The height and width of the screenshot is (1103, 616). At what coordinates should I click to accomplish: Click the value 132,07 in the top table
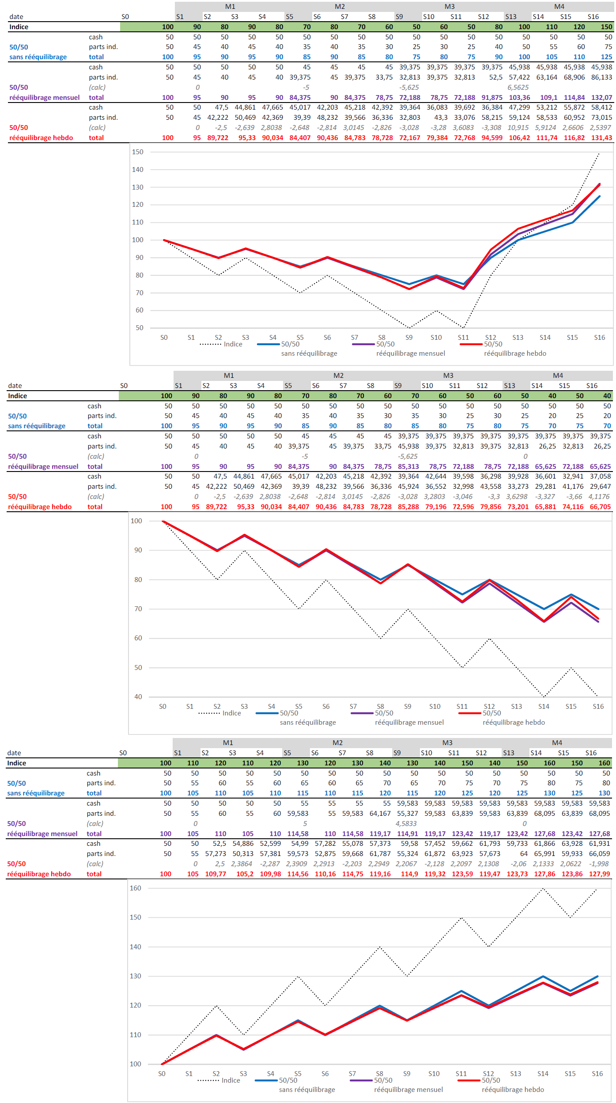pos(601,98)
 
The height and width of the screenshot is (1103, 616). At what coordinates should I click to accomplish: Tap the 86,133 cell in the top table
pos(601,77)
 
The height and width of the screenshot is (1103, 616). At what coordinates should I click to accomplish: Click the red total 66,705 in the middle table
pos(600,507)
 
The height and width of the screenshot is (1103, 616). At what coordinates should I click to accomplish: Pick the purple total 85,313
pos(408,467)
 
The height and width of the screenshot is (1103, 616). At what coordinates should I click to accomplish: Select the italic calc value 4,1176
pos(600,497)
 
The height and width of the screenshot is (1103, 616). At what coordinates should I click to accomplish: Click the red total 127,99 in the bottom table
pos(599,874)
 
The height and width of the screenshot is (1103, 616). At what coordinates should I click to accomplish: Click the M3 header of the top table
pos(450,7)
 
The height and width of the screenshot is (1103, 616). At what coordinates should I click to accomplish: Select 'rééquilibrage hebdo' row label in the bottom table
pos(39,874)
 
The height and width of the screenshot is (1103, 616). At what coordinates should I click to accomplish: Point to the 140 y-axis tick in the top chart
pos(138,170)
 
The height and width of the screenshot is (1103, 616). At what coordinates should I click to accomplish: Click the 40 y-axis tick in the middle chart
pos(138,697)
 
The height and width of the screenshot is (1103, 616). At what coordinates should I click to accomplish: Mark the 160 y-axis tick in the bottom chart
pos(136,888)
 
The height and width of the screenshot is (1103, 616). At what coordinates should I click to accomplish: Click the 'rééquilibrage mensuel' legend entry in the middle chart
pos(409,723)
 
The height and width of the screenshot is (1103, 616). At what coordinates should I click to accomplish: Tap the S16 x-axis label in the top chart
pos(599,338)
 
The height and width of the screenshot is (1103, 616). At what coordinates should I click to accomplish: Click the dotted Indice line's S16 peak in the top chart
pos(599,153)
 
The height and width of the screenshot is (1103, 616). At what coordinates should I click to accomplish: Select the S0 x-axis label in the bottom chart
pos(162,1074)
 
